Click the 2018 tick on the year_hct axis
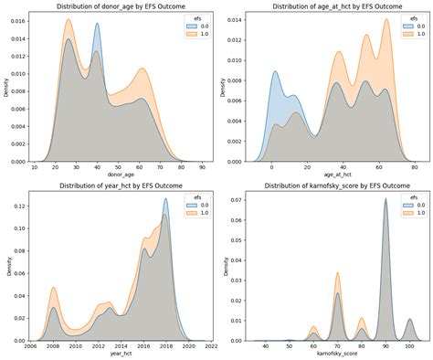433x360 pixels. coord(166,347)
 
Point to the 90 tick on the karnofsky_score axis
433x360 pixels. coord(385,347)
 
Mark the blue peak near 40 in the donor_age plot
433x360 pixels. coord(97,25)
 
